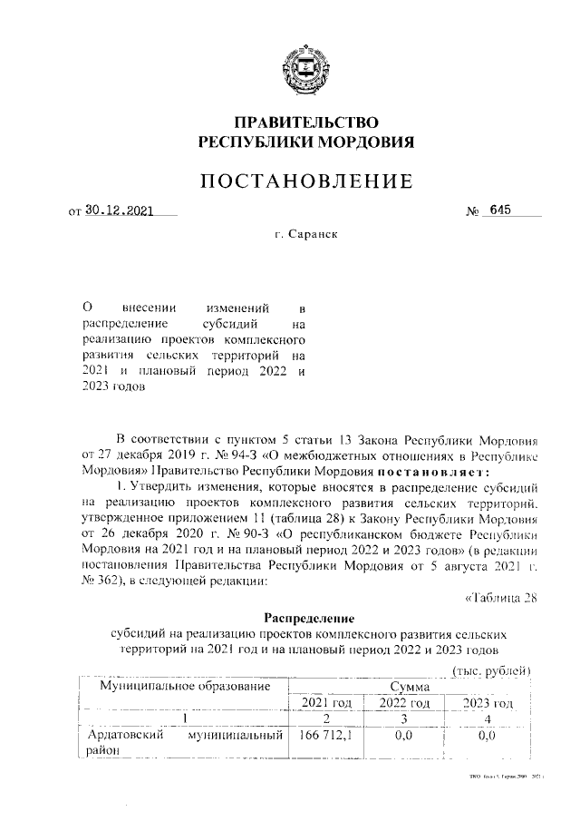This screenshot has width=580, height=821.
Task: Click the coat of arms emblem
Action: coord(305,61)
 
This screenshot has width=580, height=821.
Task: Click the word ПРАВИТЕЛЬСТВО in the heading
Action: coord(305,122)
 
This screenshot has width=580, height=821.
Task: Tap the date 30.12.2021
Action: coord(120,211)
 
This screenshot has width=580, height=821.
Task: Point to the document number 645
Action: coord(500,210)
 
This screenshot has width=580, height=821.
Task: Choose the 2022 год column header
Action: coord(404,703)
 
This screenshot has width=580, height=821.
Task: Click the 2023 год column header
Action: coord(488,703)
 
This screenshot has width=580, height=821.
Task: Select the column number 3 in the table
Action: coord(404,718)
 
